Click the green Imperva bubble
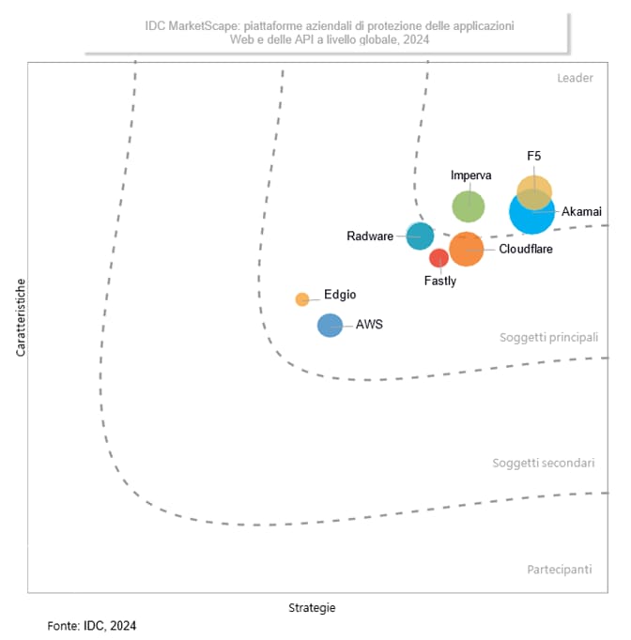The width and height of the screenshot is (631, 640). point(469,206)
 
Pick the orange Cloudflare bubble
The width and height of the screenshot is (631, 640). point(466,249)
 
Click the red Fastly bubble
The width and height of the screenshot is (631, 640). point(439,258)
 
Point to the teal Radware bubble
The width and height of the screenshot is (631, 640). point(420,236)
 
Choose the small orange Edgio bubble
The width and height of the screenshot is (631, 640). point(302,299)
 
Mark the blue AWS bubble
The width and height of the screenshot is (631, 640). point(330,326)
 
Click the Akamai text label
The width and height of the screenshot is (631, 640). point(581,212)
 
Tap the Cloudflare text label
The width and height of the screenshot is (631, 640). point(526,250)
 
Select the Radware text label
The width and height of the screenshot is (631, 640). point(370,236)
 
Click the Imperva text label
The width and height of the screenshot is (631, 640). point(471,175)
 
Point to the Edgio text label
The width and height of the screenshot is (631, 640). point(340,295)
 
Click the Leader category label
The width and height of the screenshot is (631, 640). point(575,78)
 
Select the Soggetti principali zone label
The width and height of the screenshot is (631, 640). point(548,337)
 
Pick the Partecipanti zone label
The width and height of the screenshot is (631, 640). point(560,570)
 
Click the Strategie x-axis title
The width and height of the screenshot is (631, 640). point(311,607)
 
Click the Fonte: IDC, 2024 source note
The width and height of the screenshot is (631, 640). point(92,625)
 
